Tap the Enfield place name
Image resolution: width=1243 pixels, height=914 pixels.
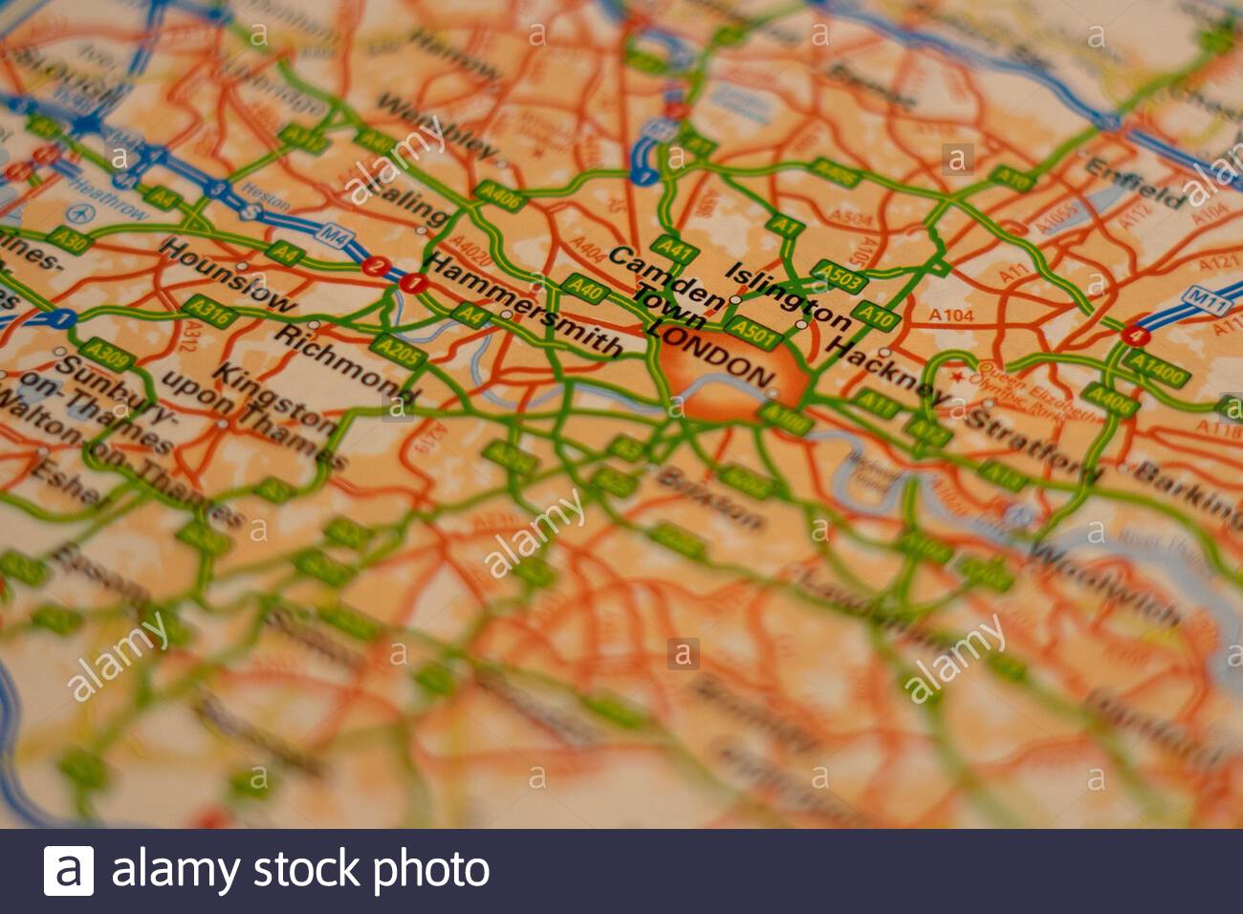(1136, 184)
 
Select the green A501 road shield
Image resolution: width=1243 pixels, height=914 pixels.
(752, 332)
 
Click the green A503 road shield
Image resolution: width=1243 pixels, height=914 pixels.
(839, 276)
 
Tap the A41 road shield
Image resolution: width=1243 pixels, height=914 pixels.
(675, 250)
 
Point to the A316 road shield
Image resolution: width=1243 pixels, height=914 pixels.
(208, 309)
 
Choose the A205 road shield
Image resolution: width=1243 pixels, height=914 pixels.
(398, 352)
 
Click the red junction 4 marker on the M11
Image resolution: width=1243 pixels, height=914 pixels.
(1135, 336)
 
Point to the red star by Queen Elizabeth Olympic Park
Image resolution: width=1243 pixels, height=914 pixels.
(957, 393)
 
